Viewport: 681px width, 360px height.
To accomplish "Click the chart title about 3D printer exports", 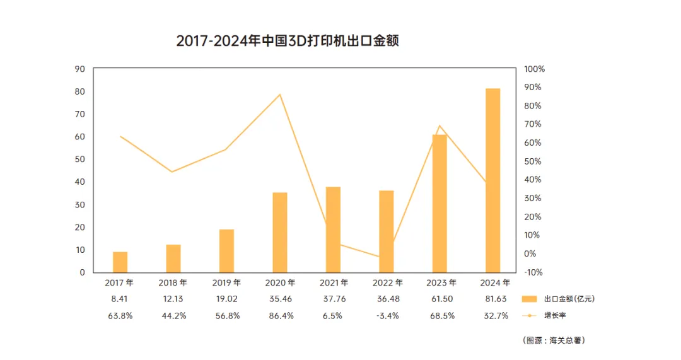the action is tap(288, 41).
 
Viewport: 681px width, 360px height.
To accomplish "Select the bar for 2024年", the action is tap(493, 181).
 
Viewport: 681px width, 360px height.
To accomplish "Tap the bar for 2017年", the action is tap(120, 262).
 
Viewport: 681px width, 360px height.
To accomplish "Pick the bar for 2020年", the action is tap(280, 233).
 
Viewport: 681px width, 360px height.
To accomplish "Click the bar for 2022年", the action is tap(387, 231).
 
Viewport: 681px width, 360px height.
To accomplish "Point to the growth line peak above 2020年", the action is tap(280, 94).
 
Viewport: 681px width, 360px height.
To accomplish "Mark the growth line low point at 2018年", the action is tap(172, 172).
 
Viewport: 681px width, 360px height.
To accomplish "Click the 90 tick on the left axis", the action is tap(80, 69).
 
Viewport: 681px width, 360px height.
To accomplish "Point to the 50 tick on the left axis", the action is tap(80, 160).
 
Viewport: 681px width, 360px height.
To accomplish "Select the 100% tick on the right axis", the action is tap(534, 69).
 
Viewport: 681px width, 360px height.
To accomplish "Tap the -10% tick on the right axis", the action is tap(533, 272).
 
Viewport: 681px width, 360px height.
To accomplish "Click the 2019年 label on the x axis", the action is tap(226, 282).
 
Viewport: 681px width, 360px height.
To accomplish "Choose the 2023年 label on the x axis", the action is tap(441, 282).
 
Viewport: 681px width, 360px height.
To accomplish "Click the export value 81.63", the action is tap(496, 299).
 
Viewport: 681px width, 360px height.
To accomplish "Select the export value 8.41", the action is tap(119, 299).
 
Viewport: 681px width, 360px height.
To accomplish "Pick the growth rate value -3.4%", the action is tap(387, 316).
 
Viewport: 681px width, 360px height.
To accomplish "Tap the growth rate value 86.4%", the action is tap(281, 316).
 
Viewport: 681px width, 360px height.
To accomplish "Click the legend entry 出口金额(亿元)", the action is tap(558, 299).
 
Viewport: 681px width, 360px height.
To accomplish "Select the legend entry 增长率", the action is tap(544, 315).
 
